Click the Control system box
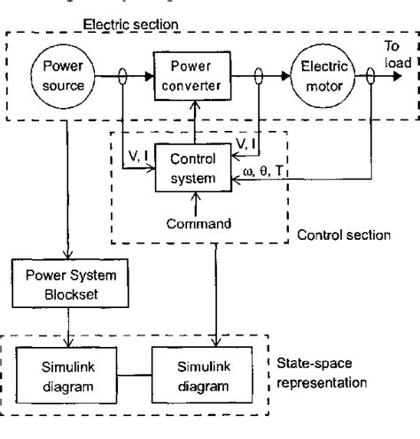pos(205,168)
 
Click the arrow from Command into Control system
pos(206,202)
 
